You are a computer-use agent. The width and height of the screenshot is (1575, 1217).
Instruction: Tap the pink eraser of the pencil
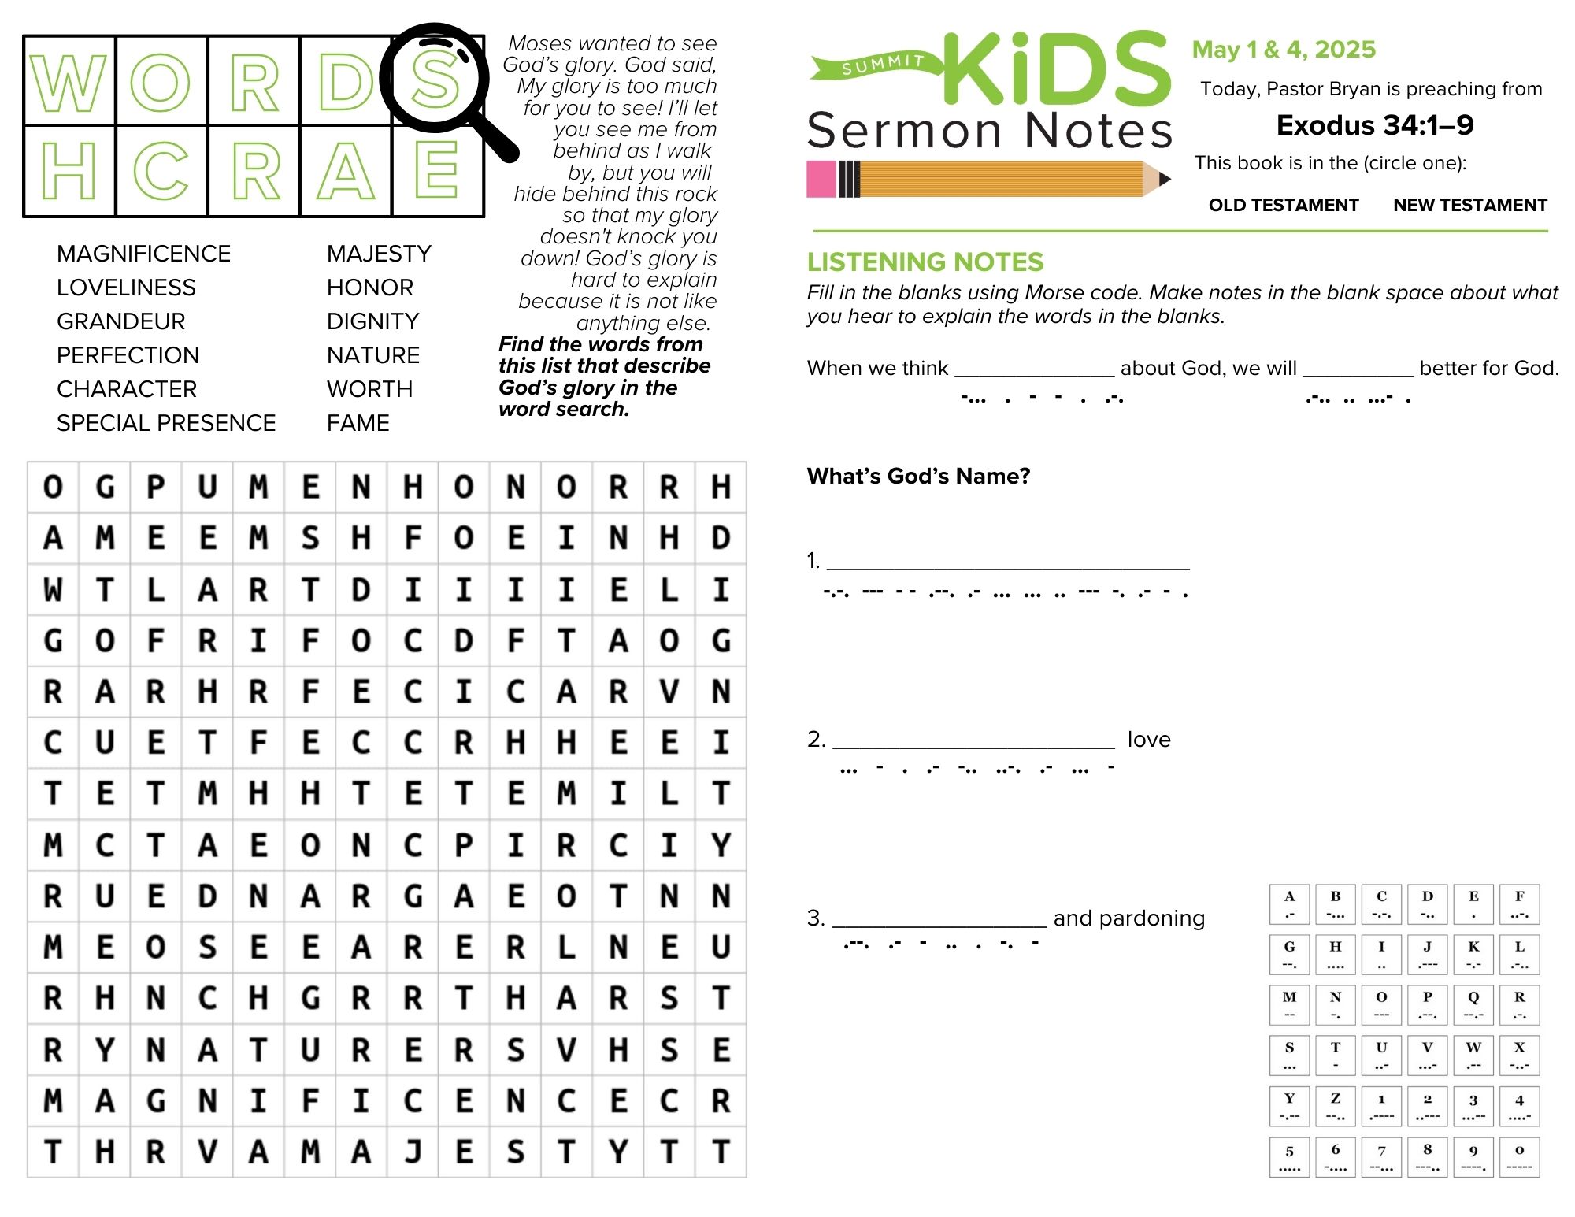point(821,179)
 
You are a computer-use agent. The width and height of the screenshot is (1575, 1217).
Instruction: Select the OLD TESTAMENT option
point(1284,205)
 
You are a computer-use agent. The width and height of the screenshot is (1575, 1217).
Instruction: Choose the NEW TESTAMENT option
point(1469,205)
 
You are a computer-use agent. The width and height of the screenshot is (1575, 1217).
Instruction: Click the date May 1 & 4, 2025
point(1284,50)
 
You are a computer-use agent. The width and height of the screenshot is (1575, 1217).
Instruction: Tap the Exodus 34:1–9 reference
point(1374,125)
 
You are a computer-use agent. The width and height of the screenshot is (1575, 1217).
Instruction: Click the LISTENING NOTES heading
point(925,262)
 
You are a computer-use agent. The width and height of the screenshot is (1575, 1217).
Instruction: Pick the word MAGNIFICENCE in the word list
point(143,254)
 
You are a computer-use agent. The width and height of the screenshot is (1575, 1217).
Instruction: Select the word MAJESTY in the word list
point(379,254)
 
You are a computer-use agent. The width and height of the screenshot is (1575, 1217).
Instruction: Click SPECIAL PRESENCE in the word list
point(166,423)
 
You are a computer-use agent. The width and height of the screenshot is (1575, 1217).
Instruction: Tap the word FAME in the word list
point(358,423)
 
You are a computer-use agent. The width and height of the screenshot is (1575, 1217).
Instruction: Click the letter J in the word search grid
point(413,1152)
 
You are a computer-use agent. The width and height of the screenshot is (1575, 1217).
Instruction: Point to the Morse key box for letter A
point(1289,904)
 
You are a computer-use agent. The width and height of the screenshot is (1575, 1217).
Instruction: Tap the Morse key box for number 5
point(1289,1157)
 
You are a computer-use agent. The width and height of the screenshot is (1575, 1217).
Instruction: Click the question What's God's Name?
point(918,476)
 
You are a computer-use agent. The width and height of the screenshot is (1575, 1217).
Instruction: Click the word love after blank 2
point(1149,739)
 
